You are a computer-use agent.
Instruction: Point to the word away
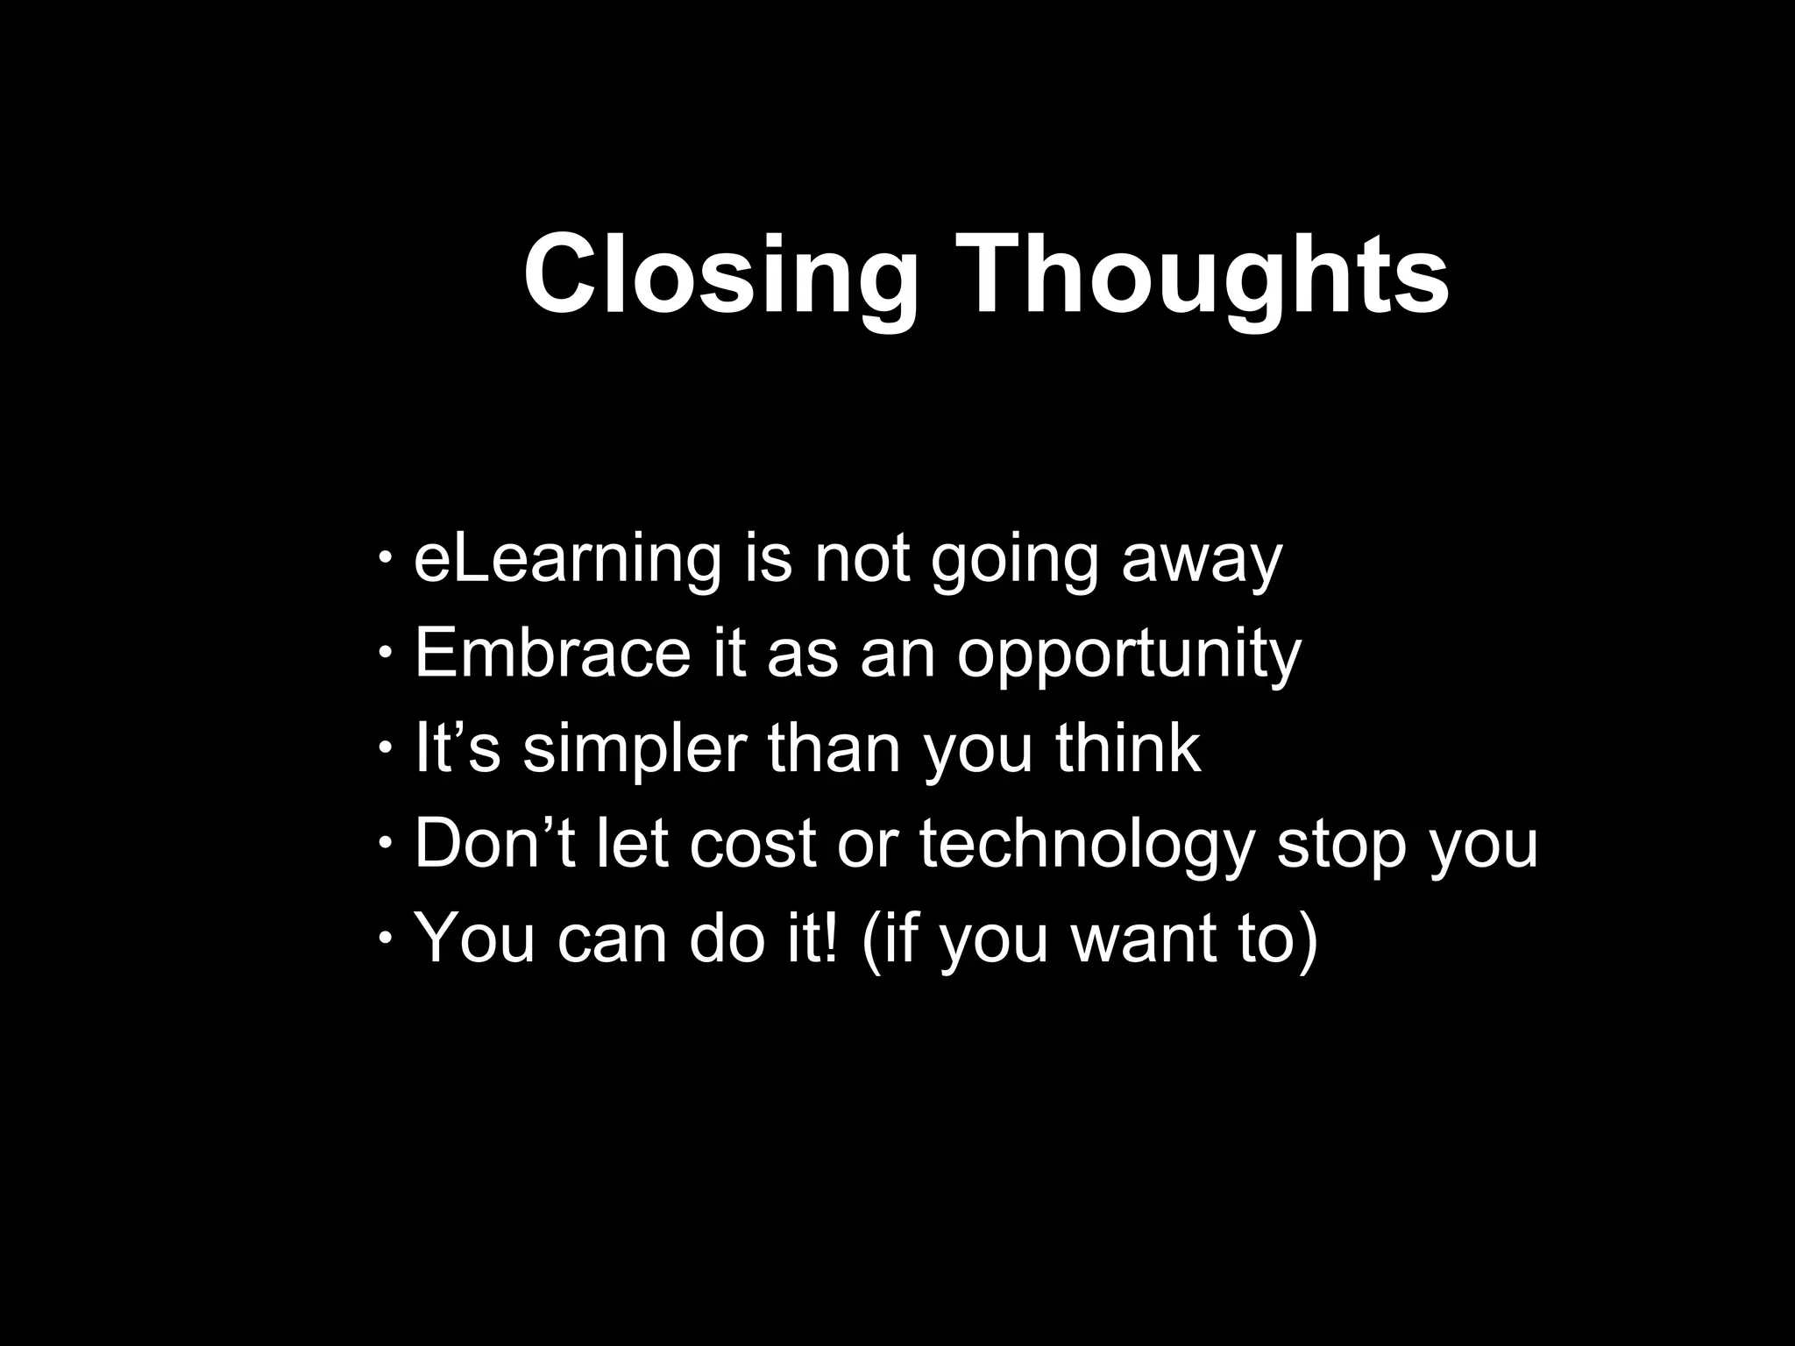coord(1202,561)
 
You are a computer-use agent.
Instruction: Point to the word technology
coord(1087,845)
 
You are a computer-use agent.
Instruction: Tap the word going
coord(1014,561)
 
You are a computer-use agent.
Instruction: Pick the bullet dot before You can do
coord(386,937)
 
